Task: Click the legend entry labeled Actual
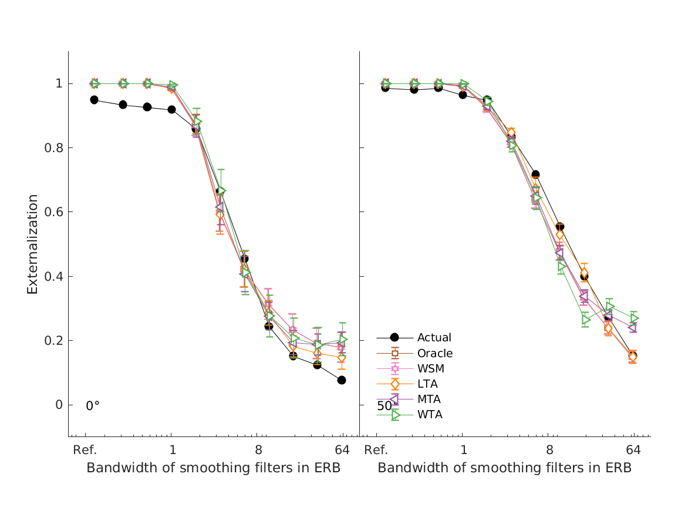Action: coord(434,337)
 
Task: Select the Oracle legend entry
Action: coord(435,353)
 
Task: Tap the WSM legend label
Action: coord(430,369)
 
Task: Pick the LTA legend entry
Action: coord(427,384)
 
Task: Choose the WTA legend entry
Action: coord(430,415)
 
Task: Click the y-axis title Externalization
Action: coord(32,244)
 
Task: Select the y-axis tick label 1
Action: coord(59,83)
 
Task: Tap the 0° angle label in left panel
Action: coord(93,405)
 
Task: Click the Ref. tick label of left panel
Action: coord(85,451)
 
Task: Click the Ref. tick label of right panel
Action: coord(376,451)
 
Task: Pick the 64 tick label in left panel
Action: coord(342,451)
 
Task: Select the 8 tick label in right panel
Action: coord(549,451)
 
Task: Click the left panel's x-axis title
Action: coord(213,468)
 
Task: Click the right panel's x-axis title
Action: coord(504,468)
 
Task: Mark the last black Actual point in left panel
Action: coord(342,380)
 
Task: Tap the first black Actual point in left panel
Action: coord(94,100)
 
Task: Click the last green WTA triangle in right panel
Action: coord(633,318)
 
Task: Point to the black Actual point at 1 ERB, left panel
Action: coord(171,109)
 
